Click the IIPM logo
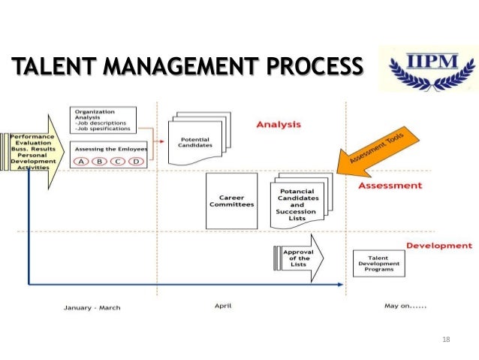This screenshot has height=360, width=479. (x=425, y=69)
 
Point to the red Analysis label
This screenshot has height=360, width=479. (x=278, y=124)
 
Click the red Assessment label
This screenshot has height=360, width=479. (x=390, y=185)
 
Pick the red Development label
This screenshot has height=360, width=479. (x=438, y=245)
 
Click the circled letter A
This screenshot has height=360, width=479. (x=83, y=161)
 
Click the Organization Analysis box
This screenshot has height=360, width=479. (x=104, y=120)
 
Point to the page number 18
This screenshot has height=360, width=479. (x=446, y=340)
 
